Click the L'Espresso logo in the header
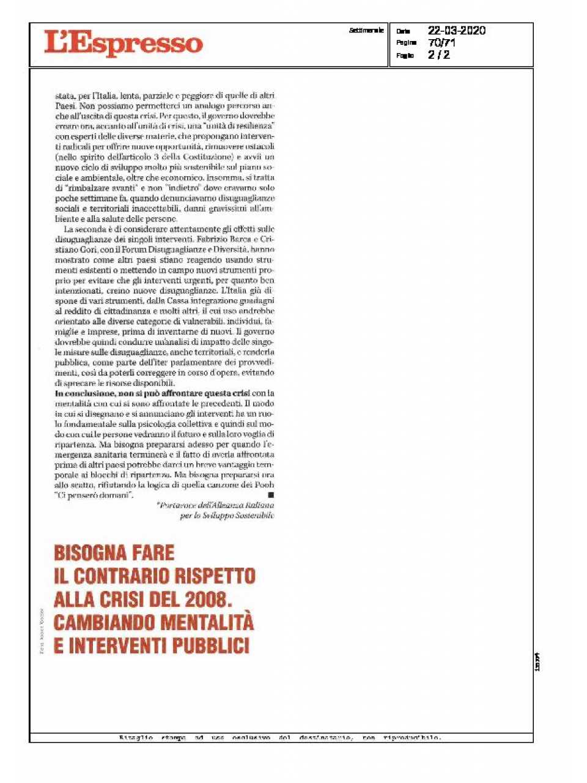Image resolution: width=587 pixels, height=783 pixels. click(x=123, y=43)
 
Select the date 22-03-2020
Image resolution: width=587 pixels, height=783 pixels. click(x=456, y=31)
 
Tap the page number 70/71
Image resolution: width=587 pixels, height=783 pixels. click(x=441, y=43)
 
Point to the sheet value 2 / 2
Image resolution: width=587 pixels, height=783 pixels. click(x=438, y=55)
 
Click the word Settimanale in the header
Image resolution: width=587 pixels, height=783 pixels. click(x=366, y=30)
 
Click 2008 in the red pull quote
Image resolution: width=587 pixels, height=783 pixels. click(x=215, y=599)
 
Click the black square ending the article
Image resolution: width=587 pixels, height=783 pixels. click(x=271, y=494)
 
